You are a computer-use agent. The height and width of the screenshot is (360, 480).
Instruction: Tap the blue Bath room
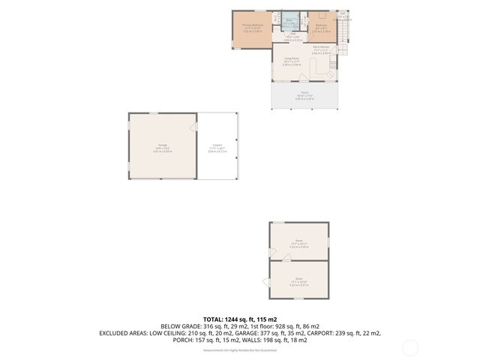tap(289, 22)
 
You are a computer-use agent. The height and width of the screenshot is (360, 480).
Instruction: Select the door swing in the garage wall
tap(193, 127)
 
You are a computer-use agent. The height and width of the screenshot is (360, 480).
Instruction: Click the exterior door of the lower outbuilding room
tap(266, 282)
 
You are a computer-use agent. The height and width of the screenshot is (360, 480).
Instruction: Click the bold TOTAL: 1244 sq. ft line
tap(240, 319)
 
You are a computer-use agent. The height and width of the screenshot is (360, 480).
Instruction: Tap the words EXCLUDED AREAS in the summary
tap(124, 333)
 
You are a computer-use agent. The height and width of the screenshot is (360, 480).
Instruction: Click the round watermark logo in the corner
tap(410, 347)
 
